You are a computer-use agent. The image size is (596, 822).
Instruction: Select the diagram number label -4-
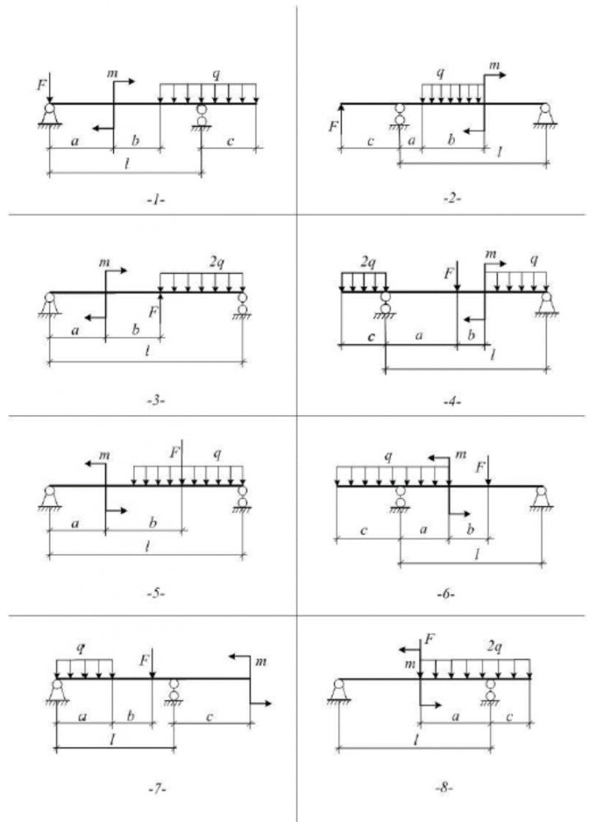point(451,402)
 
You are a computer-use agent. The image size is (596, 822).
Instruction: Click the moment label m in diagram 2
point(494,66)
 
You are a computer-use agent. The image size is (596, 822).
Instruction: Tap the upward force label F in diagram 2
point(333,127)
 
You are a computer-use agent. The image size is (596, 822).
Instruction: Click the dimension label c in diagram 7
point(210,717)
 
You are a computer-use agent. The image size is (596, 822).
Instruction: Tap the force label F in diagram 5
point(173,452)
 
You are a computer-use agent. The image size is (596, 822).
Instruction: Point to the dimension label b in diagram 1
point(136,141)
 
